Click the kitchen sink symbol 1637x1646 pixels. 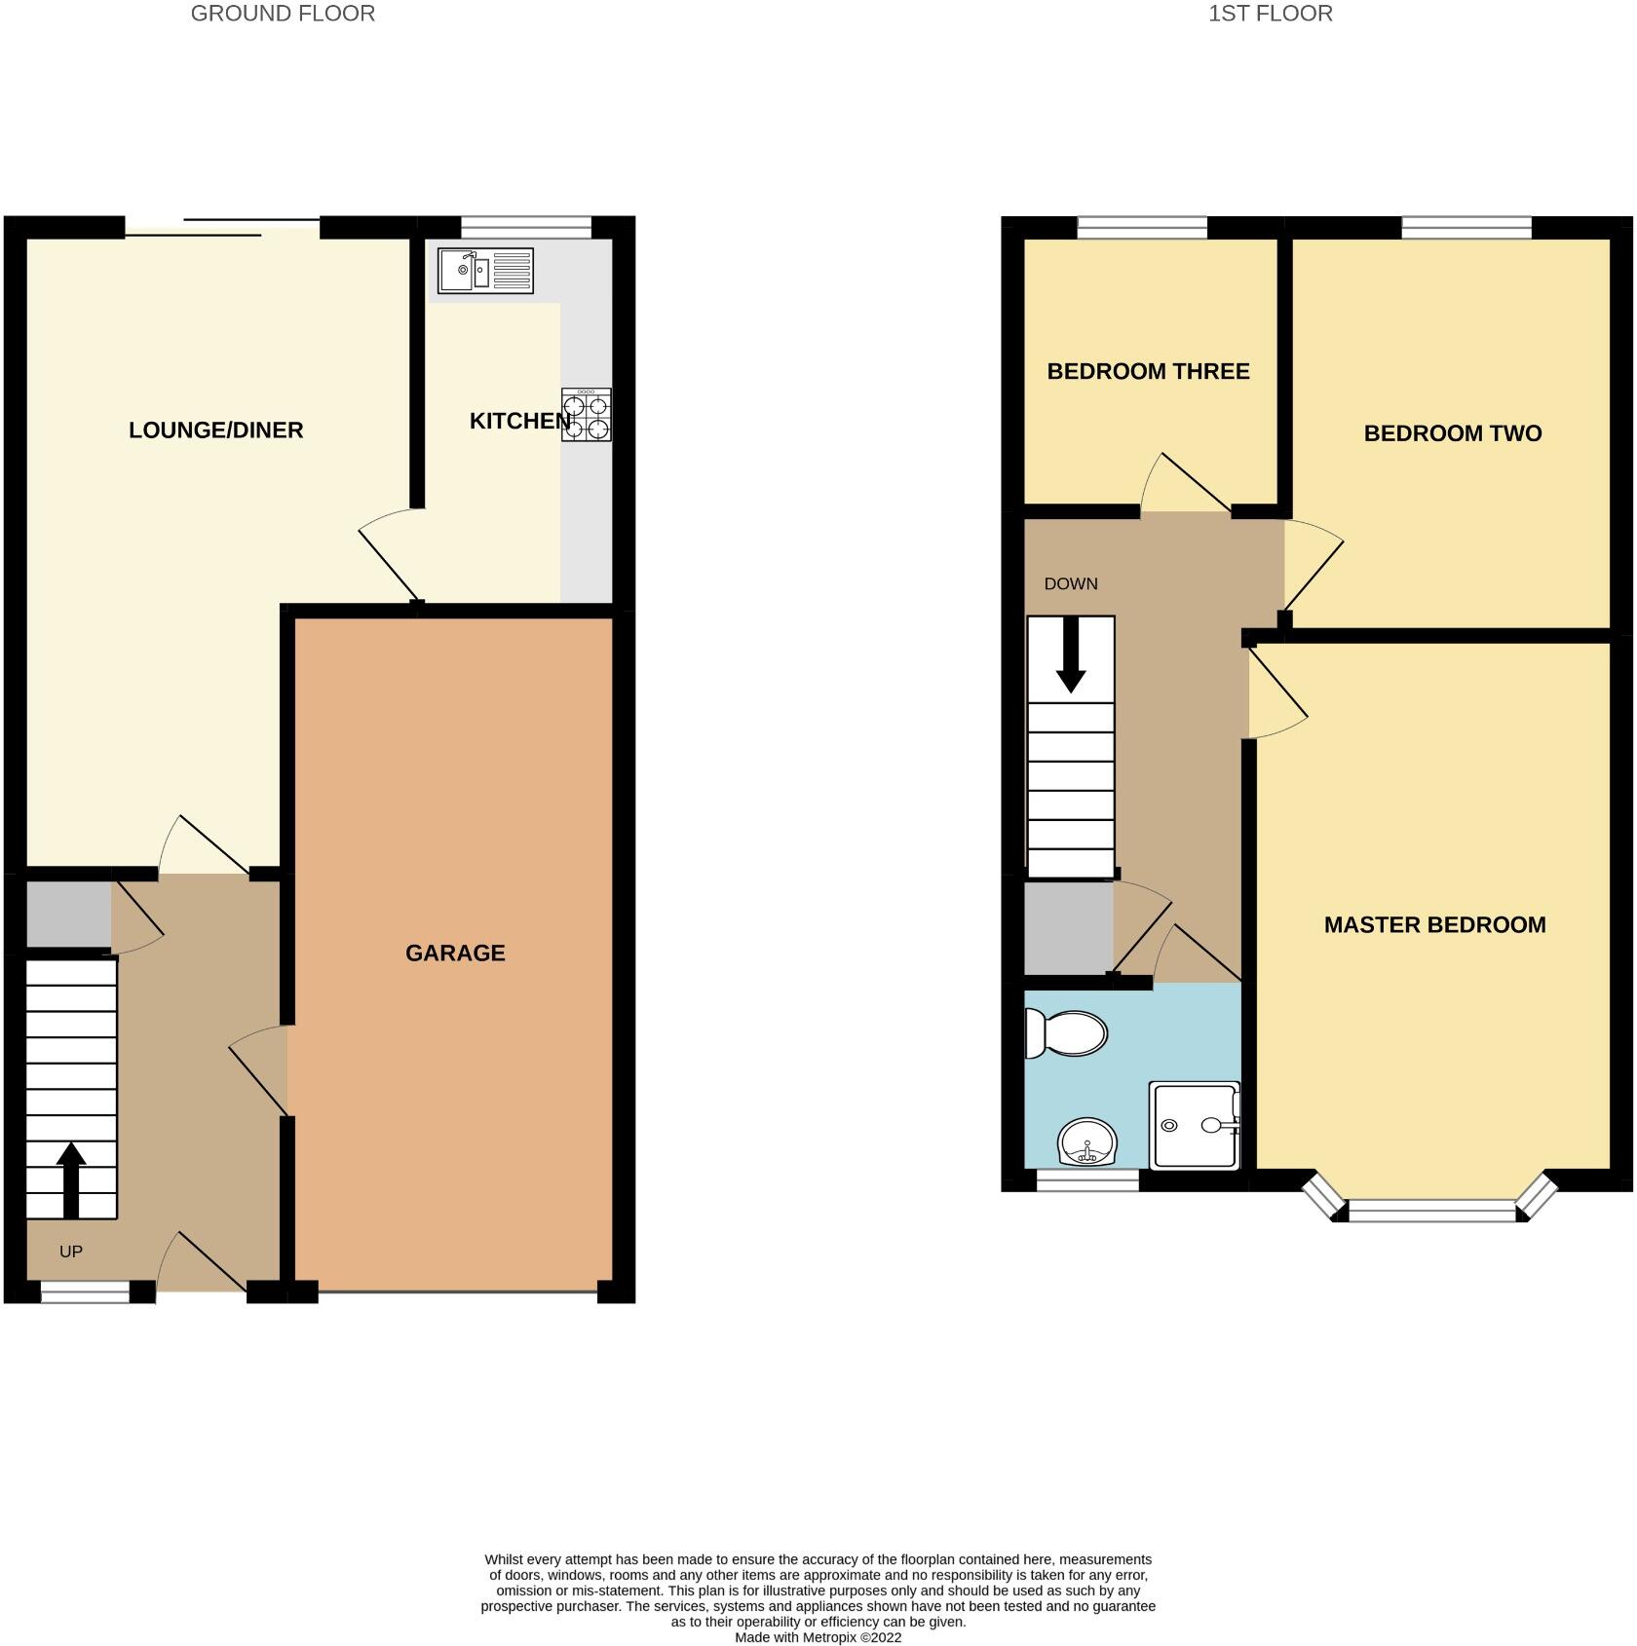pyautogui.click(x=485, y=271)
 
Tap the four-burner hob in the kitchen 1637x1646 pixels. pyautogui.click(x=587, y=415)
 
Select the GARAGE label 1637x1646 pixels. pyautogui.click(x=455, y=954)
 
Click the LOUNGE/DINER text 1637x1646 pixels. pyautogui.click(x=216, y=430)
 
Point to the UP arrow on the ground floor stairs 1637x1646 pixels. pyautogui.click(x=71, y=1178)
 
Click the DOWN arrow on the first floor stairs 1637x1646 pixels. pyautogui.click(x=1071, y=655)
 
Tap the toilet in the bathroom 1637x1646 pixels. pyautogui.click(x=1066, y=1033)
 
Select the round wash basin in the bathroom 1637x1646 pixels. pyautogui.click(x=1086, y=1142)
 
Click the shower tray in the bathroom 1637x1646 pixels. pyautogui.click(x=1195, y=1125)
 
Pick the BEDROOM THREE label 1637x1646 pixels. pyautogui.click(x=1148, y=371)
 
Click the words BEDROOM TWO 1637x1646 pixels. pyautogui.click(x=1452, y=433)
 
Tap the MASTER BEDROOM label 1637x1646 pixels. pyautogui.click(x=1434, y=924)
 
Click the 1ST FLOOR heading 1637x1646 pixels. pyautogui.click(x=1270, y=14)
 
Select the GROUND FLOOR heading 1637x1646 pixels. pyautogui.click(x=283, y=14)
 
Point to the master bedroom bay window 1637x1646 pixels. pyautogui.click(x=1431, y=1211)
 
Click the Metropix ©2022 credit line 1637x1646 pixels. pyautogui.click(x=818, y=1637)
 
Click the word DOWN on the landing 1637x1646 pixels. pyautogui.click(x=1071, y=583)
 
